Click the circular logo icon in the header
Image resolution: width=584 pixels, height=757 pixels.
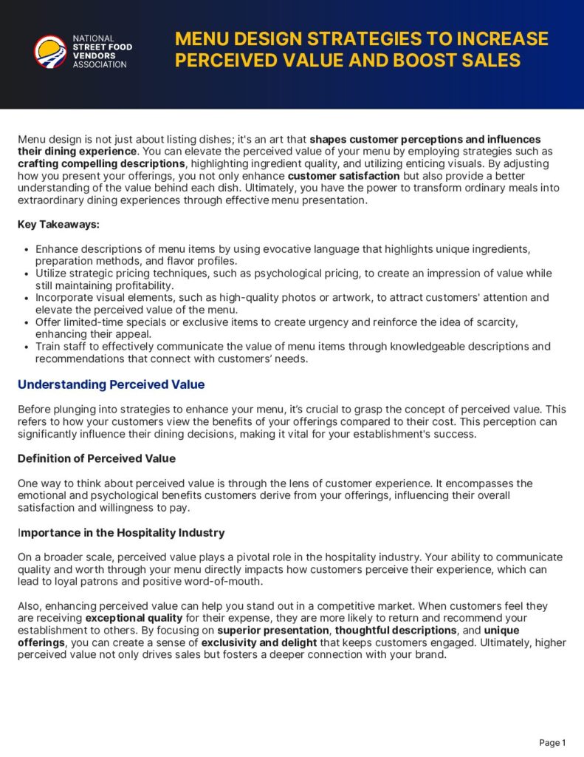click(x=50, y=51)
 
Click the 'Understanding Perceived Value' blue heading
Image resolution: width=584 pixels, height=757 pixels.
click(x=111, y=384)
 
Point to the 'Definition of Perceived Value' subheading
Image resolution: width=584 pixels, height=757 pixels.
click(x=97, y=458)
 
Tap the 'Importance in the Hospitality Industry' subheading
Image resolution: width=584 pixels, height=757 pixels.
click(x=121, y=532)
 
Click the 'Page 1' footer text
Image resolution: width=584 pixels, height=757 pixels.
click(x=552, y=742)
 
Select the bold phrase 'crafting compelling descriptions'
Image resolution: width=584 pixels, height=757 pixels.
click(x=101, y=163)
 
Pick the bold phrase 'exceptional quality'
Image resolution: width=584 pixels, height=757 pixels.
click(x=134, y=617)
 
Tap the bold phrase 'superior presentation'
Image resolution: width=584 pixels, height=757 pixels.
click(x=272, y=631)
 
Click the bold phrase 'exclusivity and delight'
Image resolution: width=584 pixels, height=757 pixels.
click(x=264, y=642)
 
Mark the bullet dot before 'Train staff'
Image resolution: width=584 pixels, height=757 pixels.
click(x=27, y=347)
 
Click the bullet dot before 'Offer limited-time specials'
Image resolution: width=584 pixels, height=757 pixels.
click(x=27, y=322)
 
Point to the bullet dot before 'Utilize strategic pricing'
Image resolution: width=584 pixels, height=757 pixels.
click(x=27, y=274)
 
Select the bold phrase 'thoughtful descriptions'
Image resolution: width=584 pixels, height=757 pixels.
click(x=396, y=631)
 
